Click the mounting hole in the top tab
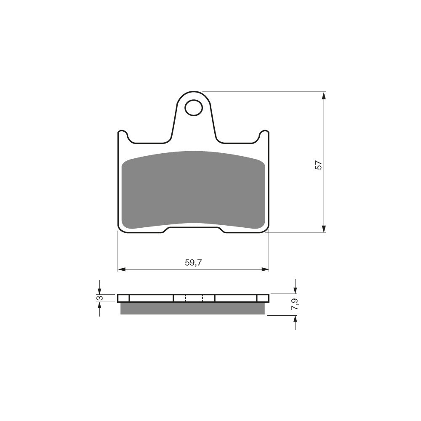[193, 107]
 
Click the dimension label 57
[318, 165]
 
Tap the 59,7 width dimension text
[193, 263]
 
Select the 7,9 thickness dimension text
[295, 304]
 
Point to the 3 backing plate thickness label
[100, 298]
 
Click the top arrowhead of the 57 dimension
[324, 96]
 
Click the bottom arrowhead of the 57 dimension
[324, 229]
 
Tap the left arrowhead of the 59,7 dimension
[122, 269]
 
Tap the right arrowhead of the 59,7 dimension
[265, 269]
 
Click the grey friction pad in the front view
[193, 190]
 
